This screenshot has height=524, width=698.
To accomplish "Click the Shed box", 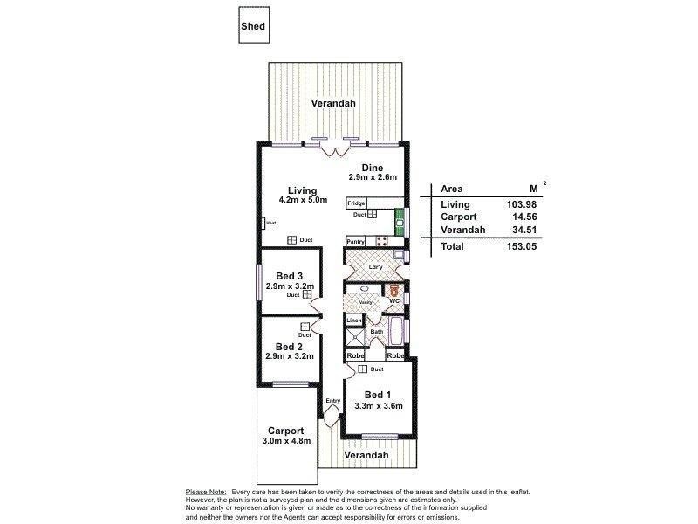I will click(253, 26).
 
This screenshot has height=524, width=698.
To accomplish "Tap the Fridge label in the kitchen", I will click(356, 203).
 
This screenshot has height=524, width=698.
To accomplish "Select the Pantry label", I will click(355, 241).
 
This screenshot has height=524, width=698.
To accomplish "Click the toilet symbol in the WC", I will click(393, 289).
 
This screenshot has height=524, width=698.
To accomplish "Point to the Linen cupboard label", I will click(354, 321).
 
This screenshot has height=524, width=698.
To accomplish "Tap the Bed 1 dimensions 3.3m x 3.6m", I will click(378, 405).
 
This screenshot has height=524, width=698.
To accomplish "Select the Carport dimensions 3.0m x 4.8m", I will click(285, 442).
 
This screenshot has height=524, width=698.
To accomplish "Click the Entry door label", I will click(332, 402).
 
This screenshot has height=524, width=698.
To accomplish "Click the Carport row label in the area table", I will click(458, 217).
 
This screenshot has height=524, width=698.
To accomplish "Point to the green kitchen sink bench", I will click(400, 220).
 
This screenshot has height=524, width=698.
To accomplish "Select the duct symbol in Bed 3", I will click(307, 295).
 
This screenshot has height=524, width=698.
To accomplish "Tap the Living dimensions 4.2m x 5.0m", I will click(291, 201).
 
